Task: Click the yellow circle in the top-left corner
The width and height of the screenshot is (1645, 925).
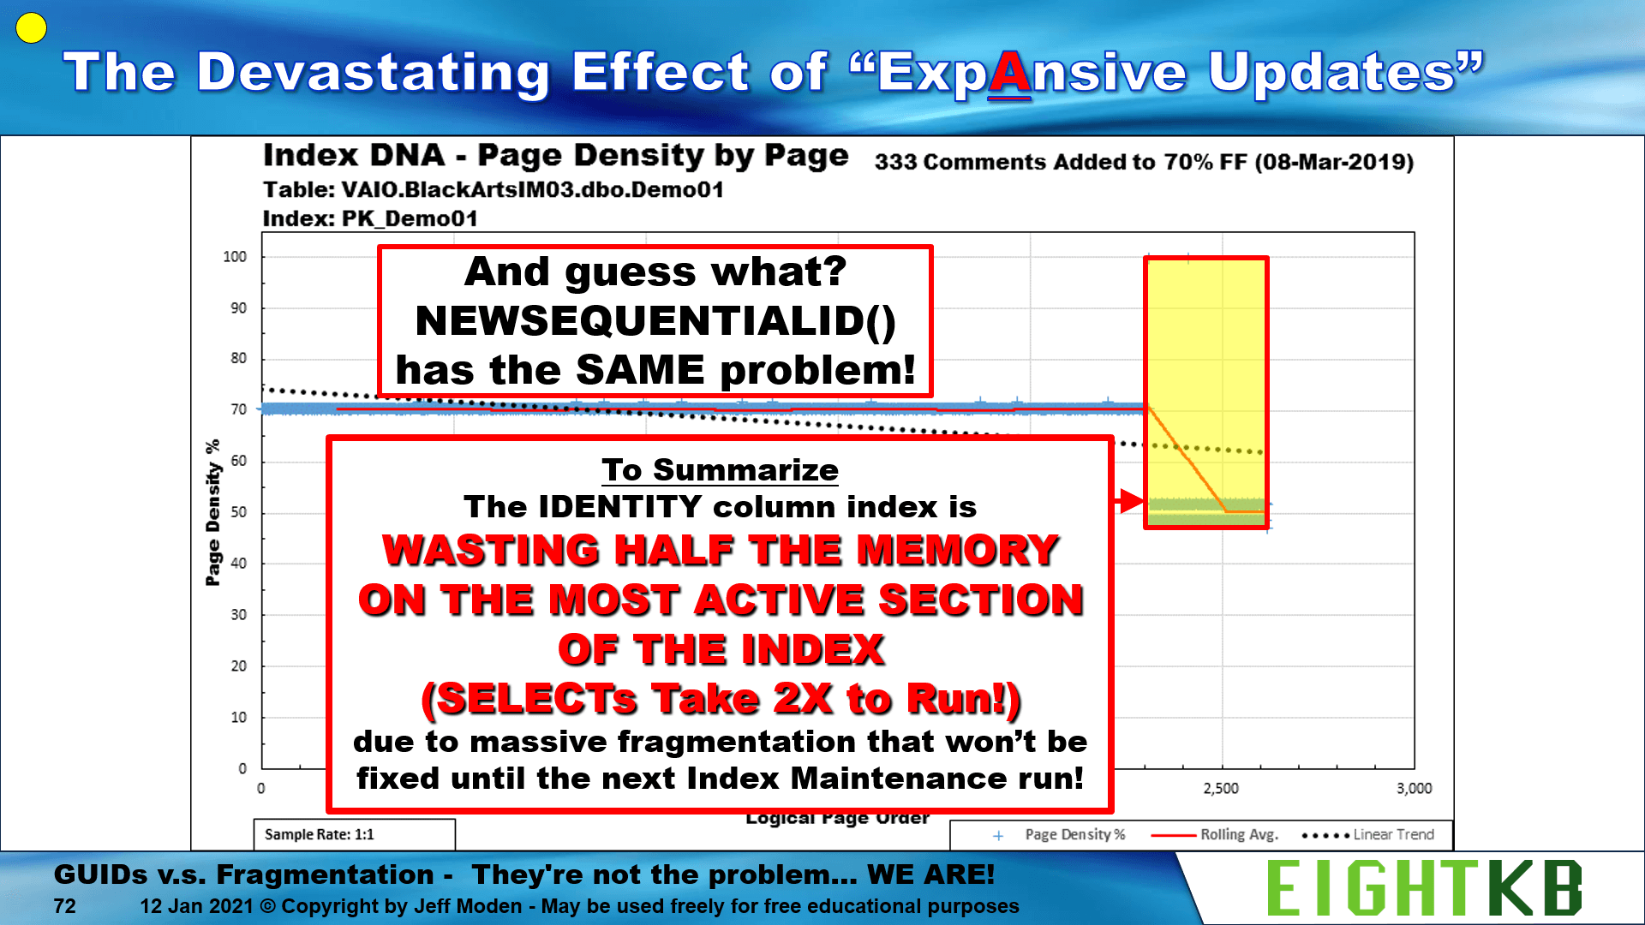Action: click(31, 28)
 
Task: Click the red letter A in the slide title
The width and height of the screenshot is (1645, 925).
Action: click(1010, 74)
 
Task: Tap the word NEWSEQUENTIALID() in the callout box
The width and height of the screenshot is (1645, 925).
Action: click(655, 321)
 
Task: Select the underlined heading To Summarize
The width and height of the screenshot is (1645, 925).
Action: click(720, 470)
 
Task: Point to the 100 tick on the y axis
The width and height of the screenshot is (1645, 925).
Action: click(235, 257)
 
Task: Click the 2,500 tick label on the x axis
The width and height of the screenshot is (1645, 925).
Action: click(1221, 788)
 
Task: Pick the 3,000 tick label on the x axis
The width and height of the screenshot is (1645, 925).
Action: click(1415, 788)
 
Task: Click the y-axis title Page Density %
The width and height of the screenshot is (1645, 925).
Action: click(212, 513)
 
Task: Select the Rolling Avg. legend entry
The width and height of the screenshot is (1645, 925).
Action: click(1216, 834)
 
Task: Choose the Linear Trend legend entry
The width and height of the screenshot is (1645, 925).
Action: click(1367, 834)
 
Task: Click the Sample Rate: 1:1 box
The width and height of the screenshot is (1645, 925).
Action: click(354, 834)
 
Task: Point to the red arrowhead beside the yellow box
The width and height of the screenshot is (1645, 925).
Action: click(1131, 501)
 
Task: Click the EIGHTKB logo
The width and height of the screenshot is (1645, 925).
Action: click(1424, 888)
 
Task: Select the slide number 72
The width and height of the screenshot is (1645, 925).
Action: click(64, 906)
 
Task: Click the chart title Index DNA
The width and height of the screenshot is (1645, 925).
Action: click(354, 156)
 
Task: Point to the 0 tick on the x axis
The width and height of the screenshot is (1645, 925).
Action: click(261, 788)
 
